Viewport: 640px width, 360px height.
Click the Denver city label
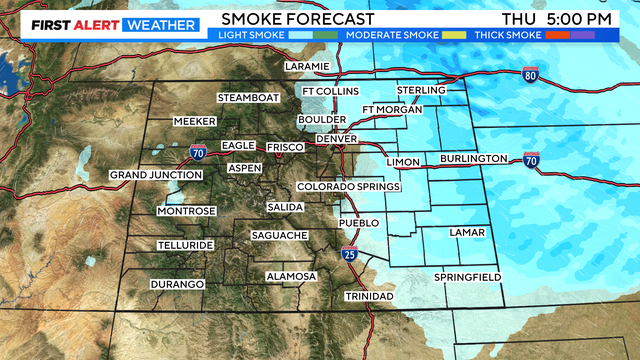[x=322, y=138]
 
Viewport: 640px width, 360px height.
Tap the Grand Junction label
[x=148, y=175]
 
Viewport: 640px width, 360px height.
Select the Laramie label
[x=306, y=66]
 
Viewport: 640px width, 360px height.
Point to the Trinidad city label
[x=369, y=297]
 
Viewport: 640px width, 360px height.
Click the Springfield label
[x=466, y=276]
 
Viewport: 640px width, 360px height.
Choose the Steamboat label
[x=250, y=97]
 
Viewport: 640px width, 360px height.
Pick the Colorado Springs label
[x=348, y=187]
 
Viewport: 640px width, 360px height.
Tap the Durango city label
[x=177, y=284]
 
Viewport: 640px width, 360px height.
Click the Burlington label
[x=473, y=159]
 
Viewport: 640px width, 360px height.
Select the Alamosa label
[x=290, y=276]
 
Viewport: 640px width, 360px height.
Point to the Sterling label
[x=420, y=91]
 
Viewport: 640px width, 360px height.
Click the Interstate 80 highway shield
[x=530, y=74]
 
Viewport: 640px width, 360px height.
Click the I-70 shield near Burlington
[x=530, y=159]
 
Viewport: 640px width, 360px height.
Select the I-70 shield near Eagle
[x=198, y=153]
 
